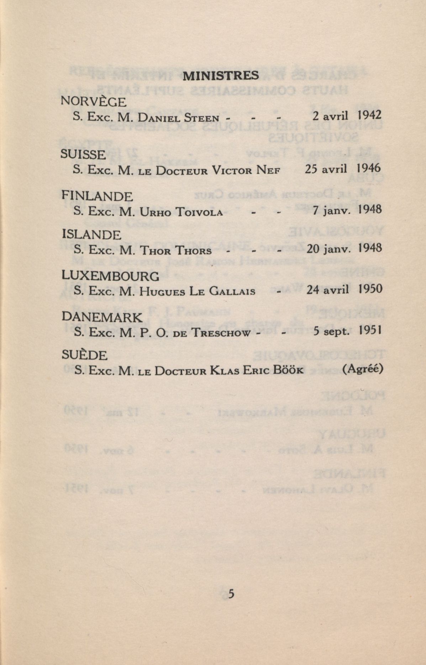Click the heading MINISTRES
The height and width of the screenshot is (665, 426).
coord(220,75)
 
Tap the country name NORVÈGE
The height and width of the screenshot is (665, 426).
coord(94,102)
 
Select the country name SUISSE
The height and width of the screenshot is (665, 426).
coord(83,154)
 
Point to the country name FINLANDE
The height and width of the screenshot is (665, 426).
coord(97,196)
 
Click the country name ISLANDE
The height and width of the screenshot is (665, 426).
coord(91,234)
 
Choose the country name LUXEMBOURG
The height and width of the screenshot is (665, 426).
coord(111,276)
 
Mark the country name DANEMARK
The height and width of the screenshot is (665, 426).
coord(102,317)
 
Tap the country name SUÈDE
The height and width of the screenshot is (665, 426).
coord(84,355)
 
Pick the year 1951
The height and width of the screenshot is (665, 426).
coord(370,331)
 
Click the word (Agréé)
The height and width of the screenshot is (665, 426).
coord(363,369)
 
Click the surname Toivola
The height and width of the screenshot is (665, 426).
coord(200,212)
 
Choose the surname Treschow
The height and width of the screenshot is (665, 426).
coord(221,333)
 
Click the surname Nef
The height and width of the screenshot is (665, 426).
coord(268,170)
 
